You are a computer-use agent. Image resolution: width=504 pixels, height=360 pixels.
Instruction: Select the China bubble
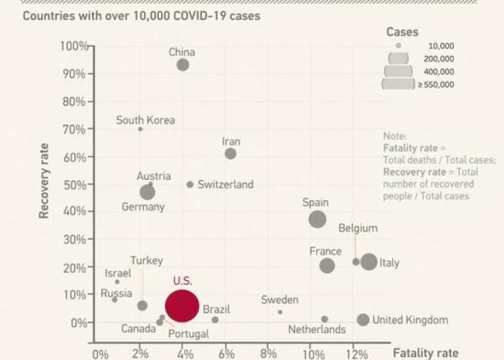click(x=183, y=65)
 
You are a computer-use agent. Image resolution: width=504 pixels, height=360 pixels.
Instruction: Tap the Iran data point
click(x=230, y=153)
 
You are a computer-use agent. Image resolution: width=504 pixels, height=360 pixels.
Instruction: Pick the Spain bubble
click(x=318, y=220)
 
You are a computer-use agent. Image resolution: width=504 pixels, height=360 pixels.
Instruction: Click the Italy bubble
click(x=369, y=262)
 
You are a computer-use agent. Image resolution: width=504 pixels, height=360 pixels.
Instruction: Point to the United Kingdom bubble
click(x=363, y=320)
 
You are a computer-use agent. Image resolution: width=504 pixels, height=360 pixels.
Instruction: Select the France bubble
click(x=327, y=266)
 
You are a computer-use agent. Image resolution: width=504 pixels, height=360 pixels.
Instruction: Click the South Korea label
click(x=145, y=120)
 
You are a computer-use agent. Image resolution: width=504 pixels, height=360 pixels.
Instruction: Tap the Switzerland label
click(x=225, y=184)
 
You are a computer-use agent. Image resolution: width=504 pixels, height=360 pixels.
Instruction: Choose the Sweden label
click(x=279, y=300)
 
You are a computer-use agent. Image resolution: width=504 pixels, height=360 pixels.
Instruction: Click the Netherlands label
click(x=317, y=330)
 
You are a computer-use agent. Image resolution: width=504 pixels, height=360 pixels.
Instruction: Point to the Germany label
click(x=143, y=207)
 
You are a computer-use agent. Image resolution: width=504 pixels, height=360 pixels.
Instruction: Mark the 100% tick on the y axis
click(x=75, y=46)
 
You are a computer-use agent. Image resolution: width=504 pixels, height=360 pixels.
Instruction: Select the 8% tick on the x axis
click(x=268, y=354)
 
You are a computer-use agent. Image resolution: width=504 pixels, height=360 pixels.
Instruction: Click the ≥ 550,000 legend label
click(x=436, y=84)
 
